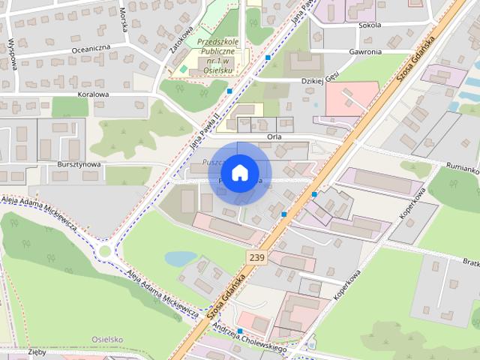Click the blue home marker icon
pyautogui.click(x=239, y=173)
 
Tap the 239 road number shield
pyautogui.click(x=256, y=257)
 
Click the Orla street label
pyautogui.click(x=274, y=137)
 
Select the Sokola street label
pyautogui.click(x=370, y=25)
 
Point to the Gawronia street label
pyautogui.click(x=365, y=52)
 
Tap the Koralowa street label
pyautogui.click(x=93, y=95)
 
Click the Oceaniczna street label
pyautogui.click(x=91, y=47)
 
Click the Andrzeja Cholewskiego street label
pyautogui.click(x=250, y=338)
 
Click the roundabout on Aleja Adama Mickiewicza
pyautogui.click(x=105, y=251)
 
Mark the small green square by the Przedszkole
pyautogui.click(x=183, y=70)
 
